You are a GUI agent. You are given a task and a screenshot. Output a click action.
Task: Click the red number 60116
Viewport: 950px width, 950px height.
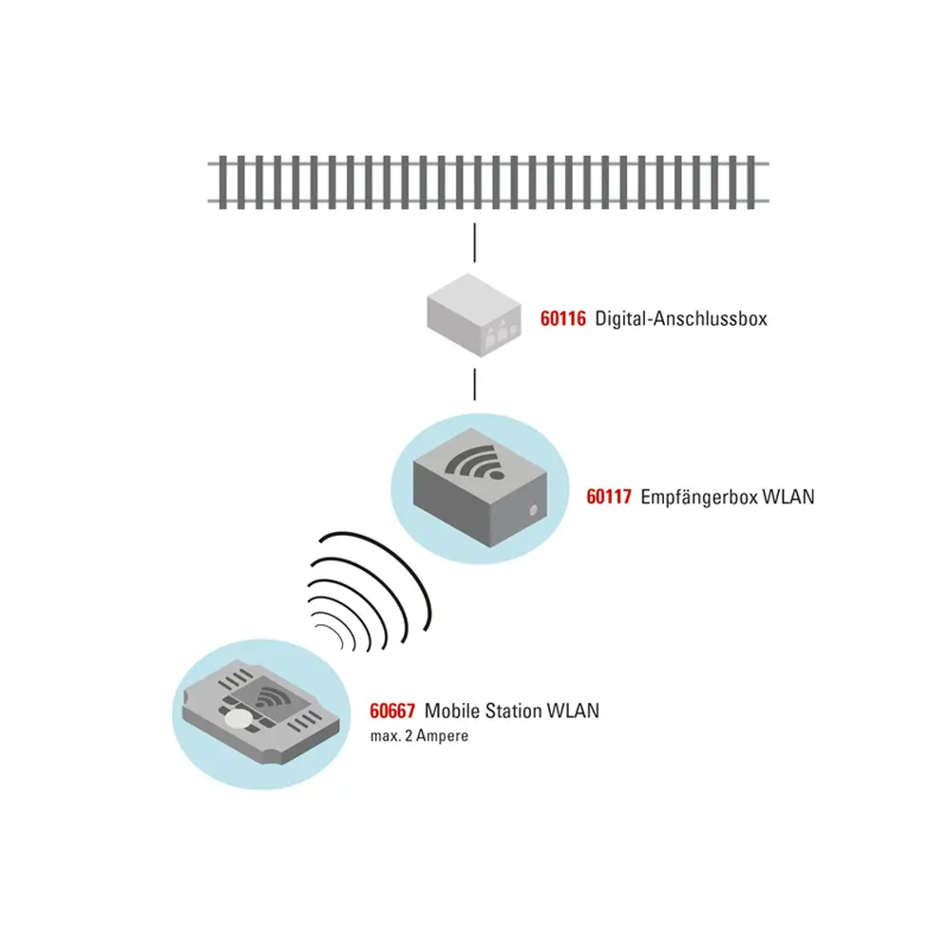click(x=564, y=319)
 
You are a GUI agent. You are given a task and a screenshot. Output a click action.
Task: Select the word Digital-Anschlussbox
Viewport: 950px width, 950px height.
click(x=680, y=319)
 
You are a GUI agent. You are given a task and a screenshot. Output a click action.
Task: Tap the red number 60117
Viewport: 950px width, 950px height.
click(x=610, y=497)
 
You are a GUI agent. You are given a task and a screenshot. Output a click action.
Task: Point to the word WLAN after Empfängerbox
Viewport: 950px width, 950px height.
click(x=788, y=497)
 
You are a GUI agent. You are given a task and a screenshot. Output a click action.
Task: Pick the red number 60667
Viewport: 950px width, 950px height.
click(x=393, y=711)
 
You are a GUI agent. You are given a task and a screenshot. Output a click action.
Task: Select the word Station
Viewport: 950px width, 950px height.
click(x=516, y=711)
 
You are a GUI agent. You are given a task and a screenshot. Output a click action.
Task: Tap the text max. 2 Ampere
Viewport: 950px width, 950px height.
click(x=419, y=736)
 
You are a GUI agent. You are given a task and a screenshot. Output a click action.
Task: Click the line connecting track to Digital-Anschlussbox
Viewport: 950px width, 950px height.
click(x=474, y=242)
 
